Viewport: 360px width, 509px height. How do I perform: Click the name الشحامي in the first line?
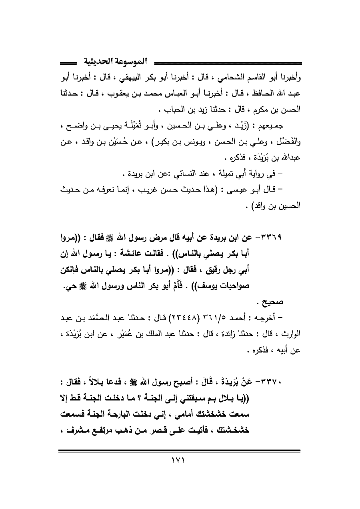[x=217, y=77]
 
